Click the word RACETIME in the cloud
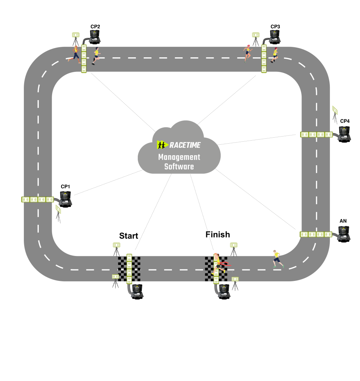coord(185,145)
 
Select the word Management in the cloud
coord(179,157)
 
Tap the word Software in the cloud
coord(179,167)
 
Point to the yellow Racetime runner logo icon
coord(162,145)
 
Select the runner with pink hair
coord(247,53)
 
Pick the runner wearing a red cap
coord(275,55)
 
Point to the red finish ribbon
coord(226,264)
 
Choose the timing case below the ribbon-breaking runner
coord(224,291)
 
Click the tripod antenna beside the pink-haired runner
coord(256,39)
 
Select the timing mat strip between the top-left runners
coord(84,59)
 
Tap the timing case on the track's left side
coord(66,198)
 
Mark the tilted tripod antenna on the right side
coord(335,114)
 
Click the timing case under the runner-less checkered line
coord(137,291)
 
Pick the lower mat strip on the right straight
coord(316,234)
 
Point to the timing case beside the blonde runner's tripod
coord(95,36)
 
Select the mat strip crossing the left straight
coord(38,199)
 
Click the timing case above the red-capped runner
coord(275,36)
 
